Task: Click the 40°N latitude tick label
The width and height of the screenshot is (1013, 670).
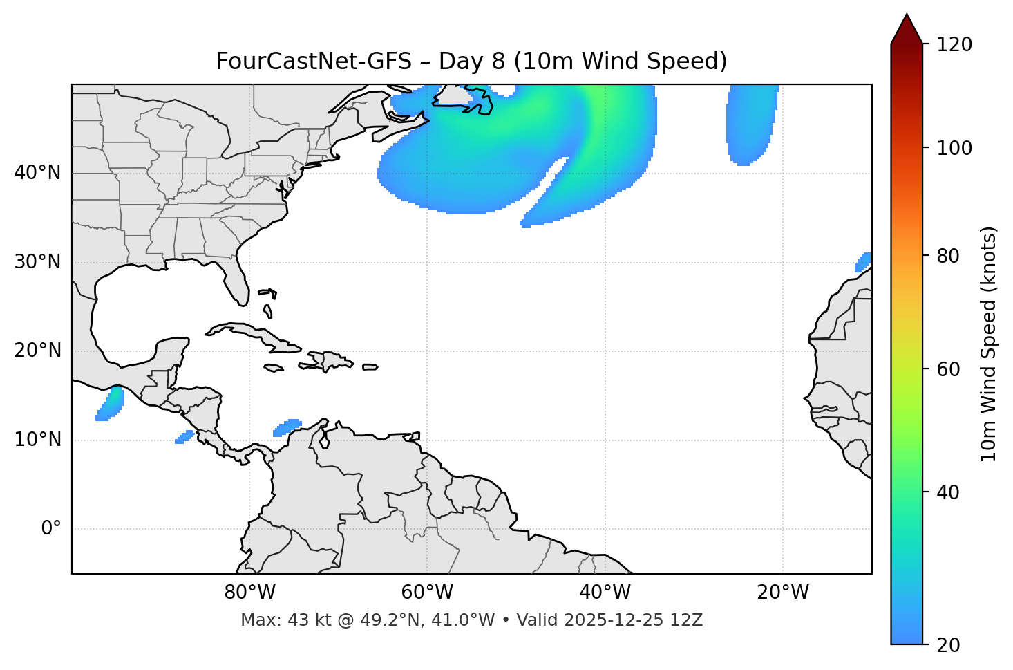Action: [x=37, y=173]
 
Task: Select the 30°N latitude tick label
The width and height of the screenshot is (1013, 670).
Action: [x=37, y=262]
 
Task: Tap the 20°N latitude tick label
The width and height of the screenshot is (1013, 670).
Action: [x=37, y=351]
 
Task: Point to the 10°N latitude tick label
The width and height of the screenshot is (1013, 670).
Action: [x=37, y=440]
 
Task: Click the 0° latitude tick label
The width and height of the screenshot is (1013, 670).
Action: [x=51, y=529]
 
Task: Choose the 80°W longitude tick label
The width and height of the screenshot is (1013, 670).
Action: [x=249, y=593]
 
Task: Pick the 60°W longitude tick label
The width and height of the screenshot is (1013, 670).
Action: [x=427, y=593]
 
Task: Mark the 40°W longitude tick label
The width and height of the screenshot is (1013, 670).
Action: [x=605, y=593]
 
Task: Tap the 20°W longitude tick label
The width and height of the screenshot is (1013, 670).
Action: [x=783, y=593]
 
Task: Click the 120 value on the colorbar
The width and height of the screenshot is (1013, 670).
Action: [x=954, y=45]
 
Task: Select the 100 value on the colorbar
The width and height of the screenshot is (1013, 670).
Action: [x=954, y=148]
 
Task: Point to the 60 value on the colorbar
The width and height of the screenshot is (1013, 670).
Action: [x=949, y=369]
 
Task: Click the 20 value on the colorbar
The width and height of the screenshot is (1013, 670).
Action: [x=949, y=645]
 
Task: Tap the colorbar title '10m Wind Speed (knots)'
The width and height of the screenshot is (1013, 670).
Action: [x=989, y=344]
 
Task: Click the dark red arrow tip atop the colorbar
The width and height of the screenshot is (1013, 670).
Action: [x=907, y=28]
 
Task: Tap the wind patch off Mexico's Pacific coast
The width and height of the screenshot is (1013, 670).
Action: [x=110, y=404]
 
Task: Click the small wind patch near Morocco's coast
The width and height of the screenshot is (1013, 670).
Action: [x=863, y=262]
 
